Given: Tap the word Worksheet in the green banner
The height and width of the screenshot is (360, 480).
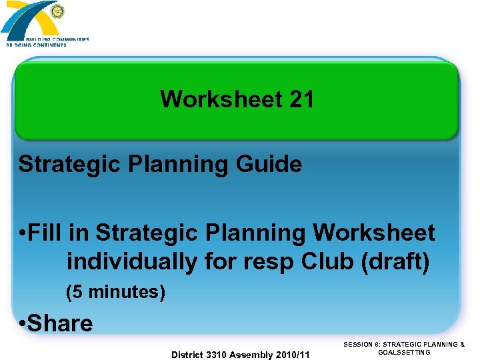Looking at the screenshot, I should point(221,100).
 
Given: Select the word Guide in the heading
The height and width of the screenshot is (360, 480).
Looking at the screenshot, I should point(269,164).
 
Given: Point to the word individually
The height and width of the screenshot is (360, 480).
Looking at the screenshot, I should point(132,262).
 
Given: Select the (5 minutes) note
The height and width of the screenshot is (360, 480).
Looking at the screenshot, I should point(115,292).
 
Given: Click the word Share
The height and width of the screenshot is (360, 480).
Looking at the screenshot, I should point(60,323).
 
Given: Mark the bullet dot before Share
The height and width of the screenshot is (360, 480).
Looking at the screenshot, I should point(23,325).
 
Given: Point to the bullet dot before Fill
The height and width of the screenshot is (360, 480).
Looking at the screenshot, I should point(23,234).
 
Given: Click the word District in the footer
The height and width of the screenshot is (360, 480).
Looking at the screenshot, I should point(189,354).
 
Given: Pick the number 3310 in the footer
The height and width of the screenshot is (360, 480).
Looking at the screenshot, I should point(217,354).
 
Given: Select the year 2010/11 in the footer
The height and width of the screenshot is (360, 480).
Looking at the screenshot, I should point(293,354).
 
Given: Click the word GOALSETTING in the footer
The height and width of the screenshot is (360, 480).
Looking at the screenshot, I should point(404,352).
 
